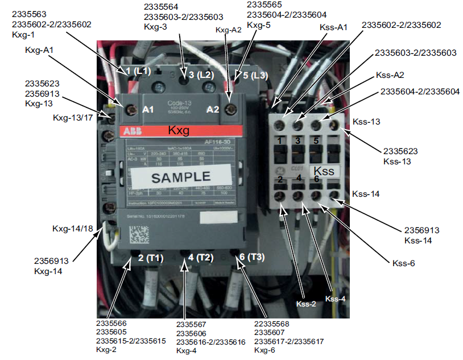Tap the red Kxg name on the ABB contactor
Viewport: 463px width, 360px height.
(177, 130)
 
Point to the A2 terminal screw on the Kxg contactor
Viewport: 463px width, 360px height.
(230, 108)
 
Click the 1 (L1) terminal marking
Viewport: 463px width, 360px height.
(138, 71)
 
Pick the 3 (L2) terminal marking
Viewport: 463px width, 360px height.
(201, 75)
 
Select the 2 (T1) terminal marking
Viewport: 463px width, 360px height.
(151, 258)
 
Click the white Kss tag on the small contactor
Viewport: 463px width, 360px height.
(324, 170)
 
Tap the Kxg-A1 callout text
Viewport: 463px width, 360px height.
(40, 50)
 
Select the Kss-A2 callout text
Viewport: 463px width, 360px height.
(391, 75)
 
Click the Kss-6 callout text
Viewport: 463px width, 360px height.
(403, 263)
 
